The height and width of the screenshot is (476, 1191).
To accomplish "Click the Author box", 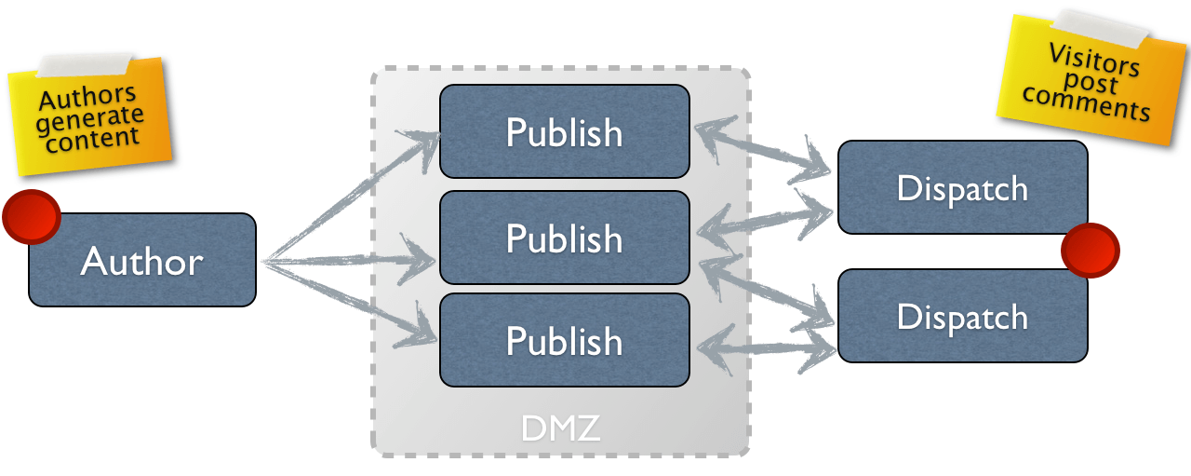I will (141, 260).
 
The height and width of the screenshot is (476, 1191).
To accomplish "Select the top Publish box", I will (564, 131).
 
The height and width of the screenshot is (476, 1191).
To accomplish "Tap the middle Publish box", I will (564, 238).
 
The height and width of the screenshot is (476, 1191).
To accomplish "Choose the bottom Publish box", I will (564, 340).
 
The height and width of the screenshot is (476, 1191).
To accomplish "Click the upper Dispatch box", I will (962, 187).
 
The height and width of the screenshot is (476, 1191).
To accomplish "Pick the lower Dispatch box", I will (962, 316).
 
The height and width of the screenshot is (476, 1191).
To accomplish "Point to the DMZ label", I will (560, 429).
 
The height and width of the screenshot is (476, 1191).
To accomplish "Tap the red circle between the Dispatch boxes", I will (1090, 250).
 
